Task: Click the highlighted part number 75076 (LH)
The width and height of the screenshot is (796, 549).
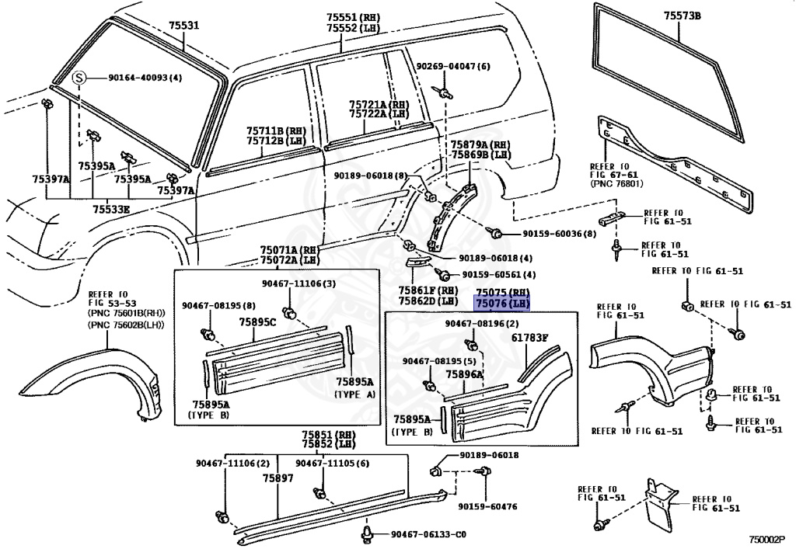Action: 502,303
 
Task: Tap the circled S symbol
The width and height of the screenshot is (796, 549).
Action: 79,78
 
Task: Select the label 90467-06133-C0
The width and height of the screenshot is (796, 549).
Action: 428,534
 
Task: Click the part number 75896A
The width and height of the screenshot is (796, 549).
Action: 464,374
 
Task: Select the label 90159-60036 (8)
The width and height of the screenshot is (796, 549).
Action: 559,233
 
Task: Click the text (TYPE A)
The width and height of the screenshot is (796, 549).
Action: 354,394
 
